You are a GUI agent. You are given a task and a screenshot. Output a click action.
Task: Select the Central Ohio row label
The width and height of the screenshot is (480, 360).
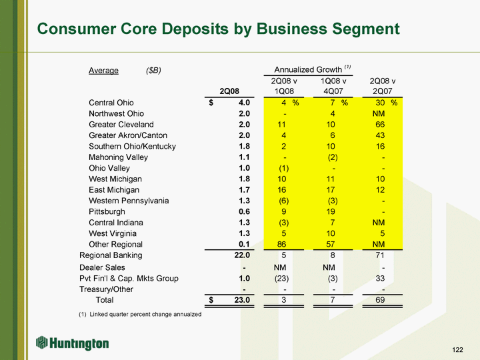pyautogui.click(x=111, y=103)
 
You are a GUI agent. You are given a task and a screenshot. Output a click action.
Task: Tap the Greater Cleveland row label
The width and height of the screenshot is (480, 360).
pyautogui.click(x=121, y=124)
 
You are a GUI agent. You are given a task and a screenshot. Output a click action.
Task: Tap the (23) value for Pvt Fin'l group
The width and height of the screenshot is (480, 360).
pyautogui.click(x=281, y=279)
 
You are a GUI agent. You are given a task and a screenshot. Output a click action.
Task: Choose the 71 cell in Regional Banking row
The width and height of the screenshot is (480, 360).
pyautogui.click(x=380, y=255)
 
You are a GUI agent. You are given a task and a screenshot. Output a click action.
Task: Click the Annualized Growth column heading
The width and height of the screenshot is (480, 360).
pyautogui.click(x=308, y=69)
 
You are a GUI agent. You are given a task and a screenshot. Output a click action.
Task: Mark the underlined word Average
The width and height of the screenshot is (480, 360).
pyautogui.click(x=103, y=71)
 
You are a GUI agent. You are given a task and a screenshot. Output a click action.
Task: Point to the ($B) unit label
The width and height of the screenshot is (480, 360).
pyautogui.click(x=153, y=71)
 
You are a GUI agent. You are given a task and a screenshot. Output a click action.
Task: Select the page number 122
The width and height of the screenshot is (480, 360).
pyautogui.click(x=458, y=349)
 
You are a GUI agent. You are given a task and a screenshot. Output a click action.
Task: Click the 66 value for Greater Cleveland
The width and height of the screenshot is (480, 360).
pyautogui.click(x=380, y=124)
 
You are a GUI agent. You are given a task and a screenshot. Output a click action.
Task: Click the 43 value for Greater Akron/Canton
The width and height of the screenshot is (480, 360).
pyautogui.click(x=380, y=135)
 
